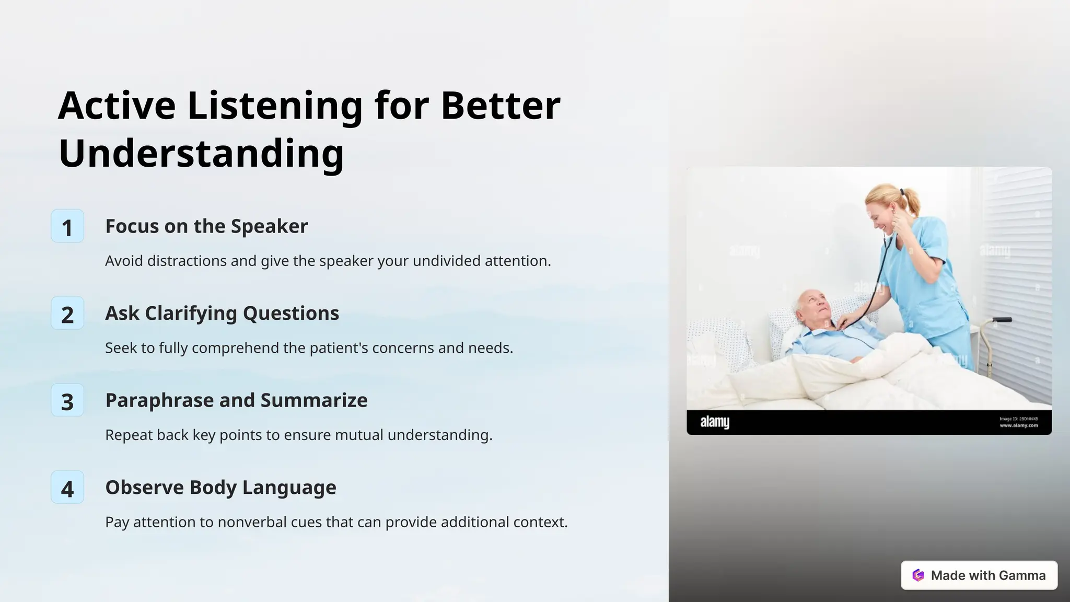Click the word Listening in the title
coord(274,106)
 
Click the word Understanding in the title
coord(201,154)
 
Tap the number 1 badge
coord(67,226)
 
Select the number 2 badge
coord(67,314)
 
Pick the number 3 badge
coord(67,401)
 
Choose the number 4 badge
coord(67,488)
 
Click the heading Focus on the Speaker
coord(206,226)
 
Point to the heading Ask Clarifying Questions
coord(222,314)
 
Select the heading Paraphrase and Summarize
coord(236,400)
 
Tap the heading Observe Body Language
coord(220,488)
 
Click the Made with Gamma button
coord(979,575)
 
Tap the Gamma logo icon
coord(918,575)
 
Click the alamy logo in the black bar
coord(714,422)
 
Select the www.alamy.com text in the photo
coord(1018,425)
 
